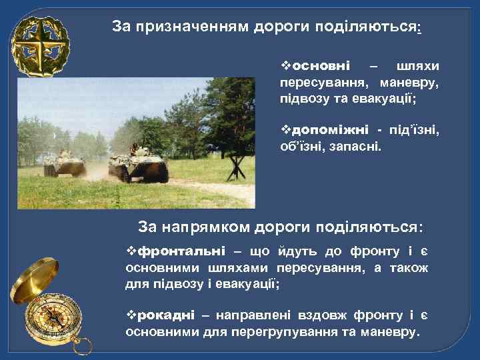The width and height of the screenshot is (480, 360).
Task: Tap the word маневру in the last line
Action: point(391,331)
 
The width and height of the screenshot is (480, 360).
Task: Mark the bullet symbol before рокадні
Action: point(131,315)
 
